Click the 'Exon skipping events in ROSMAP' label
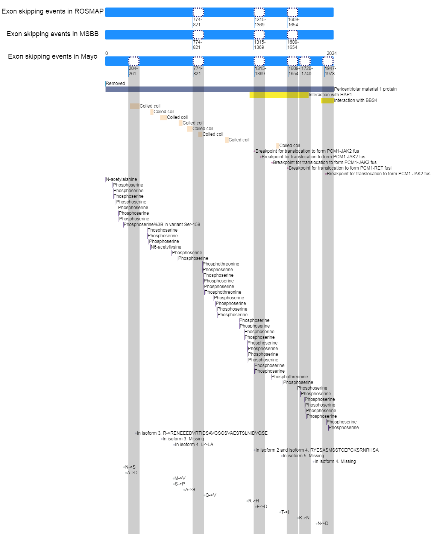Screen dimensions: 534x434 pos(52,11)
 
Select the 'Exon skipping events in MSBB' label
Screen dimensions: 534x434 pos(52,34)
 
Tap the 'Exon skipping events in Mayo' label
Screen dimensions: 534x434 pos(52,56)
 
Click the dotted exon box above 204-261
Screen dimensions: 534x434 pos(134,61)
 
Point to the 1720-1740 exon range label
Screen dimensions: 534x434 pos(307,71)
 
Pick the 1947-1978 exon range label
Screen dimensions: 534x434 pos(330,71)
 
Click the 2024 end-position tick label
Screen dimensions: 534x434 pos(331,53)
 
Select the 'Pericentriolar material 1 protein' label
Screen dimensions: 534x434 pos(365,89)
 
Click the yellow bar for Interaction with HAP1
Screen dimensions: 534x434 pos(279,95)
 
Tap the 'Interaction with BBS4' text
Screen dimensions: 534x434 pos(355,100)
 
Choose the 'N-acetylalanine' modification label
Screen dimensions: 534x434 pos(121,179)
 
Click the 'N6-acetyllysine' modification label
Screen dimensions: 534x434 pos(166,247)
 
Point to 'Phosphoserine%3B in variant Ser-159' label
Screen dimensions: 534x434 pos(162,225)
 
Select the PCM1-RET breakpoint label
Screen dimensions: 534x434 pos(340,168)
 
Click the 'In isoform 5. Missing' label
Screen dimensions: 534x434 pos(303,456)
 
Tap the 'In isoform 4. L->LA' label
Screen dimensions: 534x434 pos(194,444)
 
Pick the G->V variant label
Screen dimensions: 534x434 pos(211,495)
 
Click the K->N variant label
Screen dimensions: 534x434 pos(304,518)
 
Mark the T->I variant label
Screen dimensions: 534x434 pos(285,512)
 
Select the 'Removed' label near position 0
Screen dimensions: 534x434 pos(115,83)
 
